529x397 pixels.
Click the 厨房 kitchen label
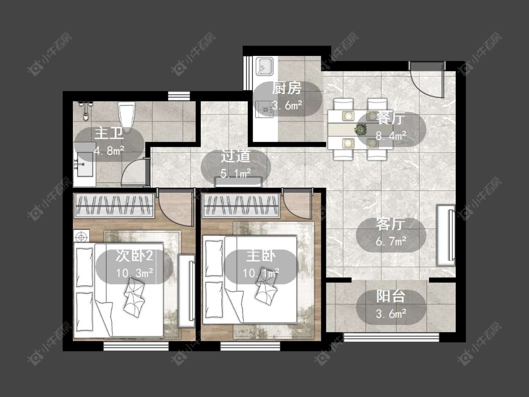click(x=286, y=88)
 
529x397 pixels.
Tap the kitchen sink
click(x=265, y=66)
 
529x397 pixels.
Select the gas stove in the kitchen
click(x=264, y=109)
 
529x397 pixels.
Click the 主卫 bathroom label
click(x=109, y=133)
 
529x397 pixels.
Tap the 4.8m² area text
click(x=109, y=150)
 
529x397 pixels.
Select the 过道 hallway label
click(x=236, y=156)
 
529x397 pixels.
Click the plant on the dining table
click(x=361, y=129)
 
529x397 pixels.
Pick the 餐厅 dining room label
click(x=391, y=119)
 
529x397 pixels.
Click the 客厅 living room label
click(x=391, y=224)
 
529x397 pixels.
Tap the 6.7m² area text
click(x=391, y=241)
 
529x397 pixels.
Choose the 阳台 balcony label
click(x=391, y=296)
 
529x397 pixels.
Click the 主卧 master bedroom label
click(x=261, y=256)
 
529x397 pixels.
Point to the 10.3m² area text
click(x=134, y=272)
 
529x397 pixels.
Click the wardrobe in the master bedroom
click(x=241, y=206)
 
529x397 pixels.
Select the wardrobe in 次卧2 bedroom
click(x=114, y=206)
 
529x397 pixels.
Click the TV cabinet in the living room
click(x=446, y=235)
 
